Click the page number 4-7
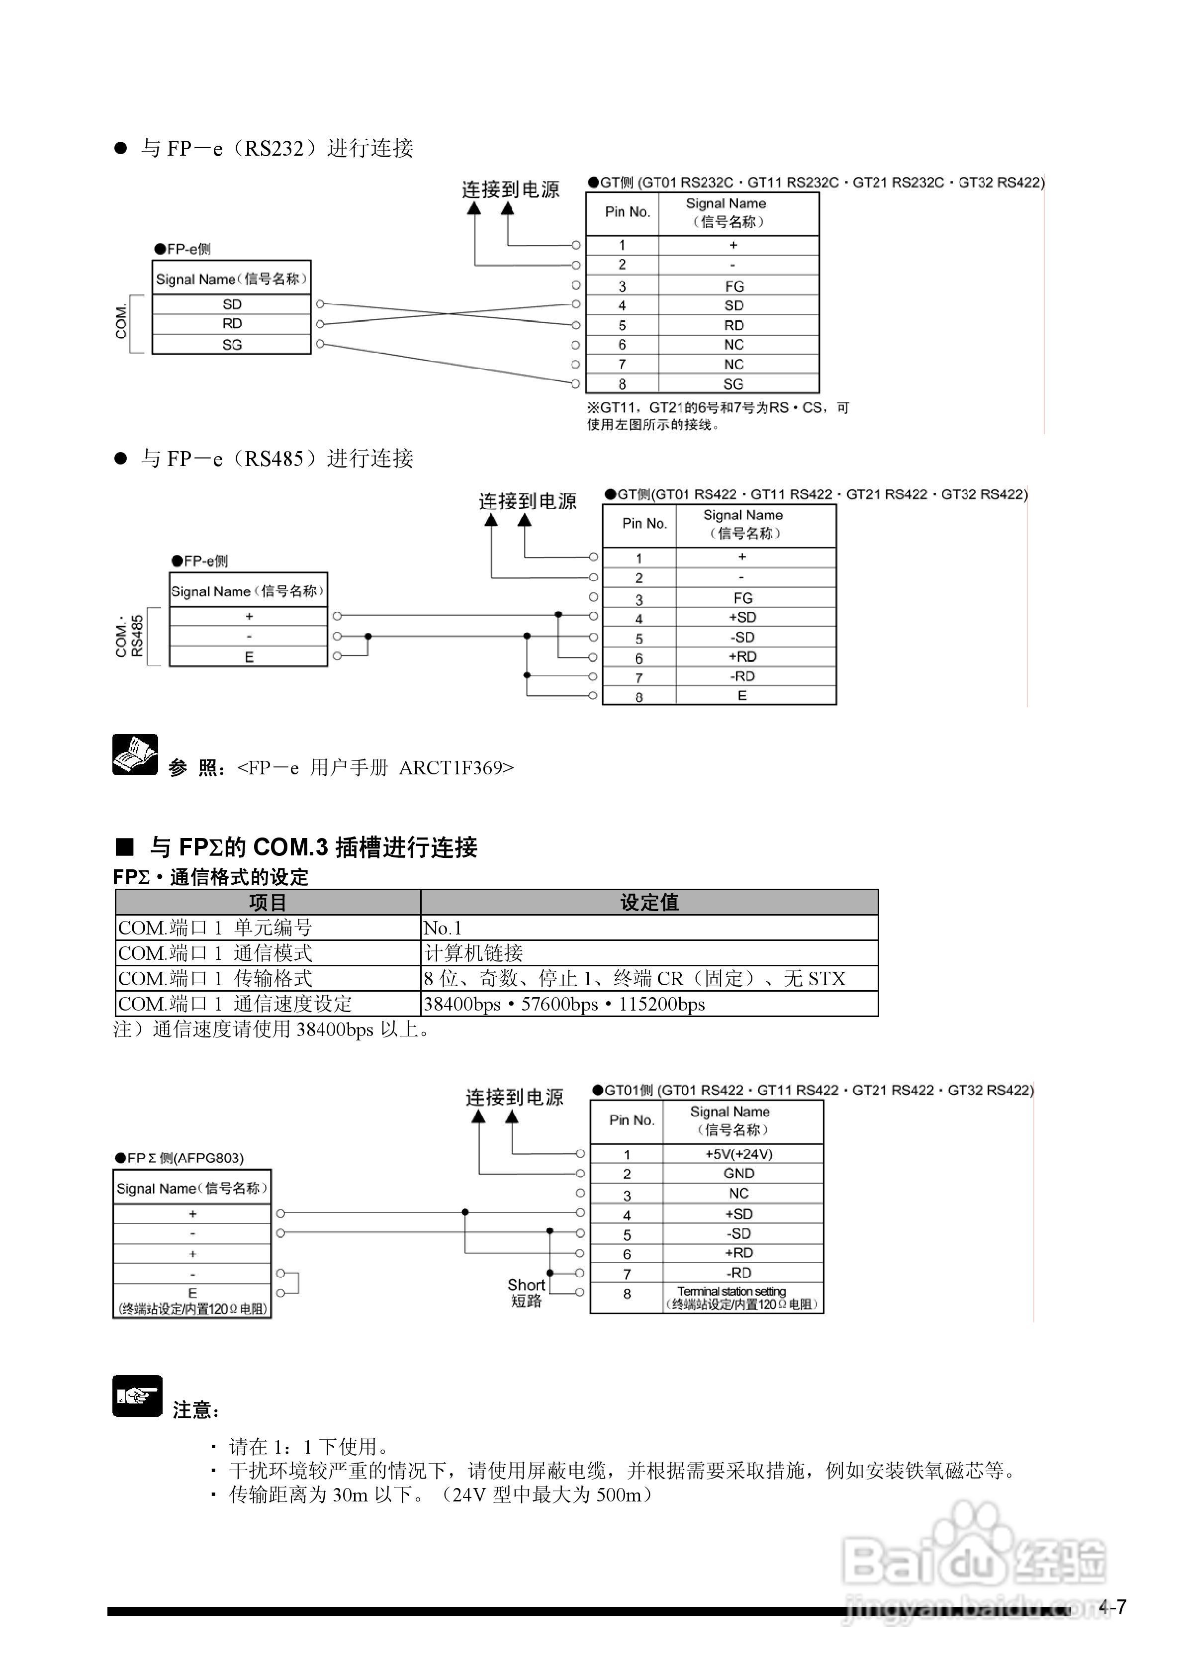click(x=1112, y=1607)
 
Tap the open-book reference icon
click(x=135, y=754)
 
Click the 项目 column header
click(x=268, y=903)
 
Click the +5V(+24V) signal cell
click(x=738, y=1154)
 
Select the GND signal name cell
click(x=738, y=1174)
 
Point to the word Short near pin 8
click(x=526, y=1285)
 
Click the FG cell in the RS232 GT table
click(x=734, y=286)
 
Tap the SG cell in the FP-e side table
click(x=232, y=344)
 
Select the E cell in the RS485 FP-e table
click(x=249, y=656)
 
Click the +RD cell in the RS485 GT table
click(x=742, y=656)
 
